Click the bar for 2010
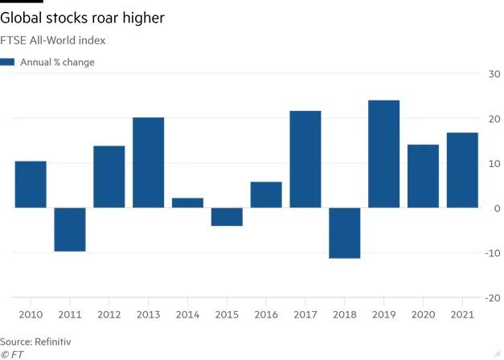point(31,185)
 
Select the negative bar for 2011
point(70,230)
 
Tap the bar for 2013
point(149,163)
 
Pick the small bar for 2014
point(188,203)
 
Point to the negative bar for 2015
point(227,217)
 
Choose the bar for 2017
point(305,159)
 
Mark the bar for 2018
point(345,233)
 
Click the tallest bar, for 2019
point(384,154)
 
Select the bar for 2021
point(462,170)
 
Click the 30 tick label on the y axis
point(490,74)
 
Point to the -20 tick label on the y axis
point(489,298)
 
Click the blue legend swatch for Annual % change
point(8,62)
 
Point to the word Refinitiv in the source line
point(53,342)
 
